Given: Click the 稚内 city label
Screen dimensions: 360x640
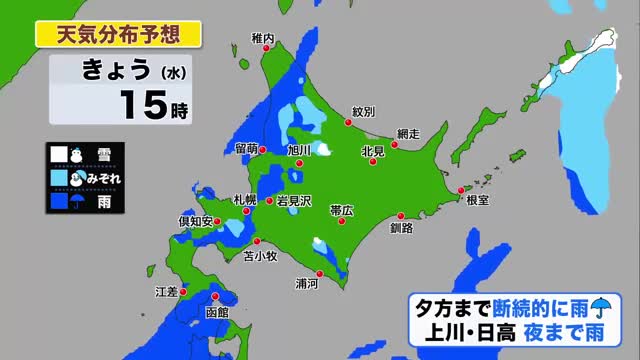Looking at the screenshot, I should (263, 38).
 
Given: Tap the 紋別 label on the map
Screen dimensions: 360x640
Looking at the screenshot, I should (363, 112).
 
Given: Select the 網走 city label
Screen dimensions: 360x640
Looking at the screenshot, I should (407, 133).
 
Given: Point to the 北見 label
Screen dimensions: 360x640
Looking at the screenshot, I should (372, 152).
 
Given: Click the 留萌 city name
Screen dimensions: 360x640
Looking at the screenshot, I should (248, 149).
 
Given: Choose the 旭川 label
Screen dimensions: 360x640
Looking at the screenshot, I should (299, 150).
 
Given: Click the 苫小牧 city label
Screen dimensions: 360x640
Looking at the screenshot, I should (260, 256).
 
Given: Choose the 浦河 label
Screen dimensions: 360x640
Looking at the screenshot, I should (307, 283).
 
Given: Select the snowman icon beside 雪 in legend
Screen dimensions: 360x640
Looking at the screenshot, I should (76, 155).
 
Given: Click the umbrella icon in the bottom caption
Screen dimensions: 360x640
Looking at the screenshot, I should (599, 308).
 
